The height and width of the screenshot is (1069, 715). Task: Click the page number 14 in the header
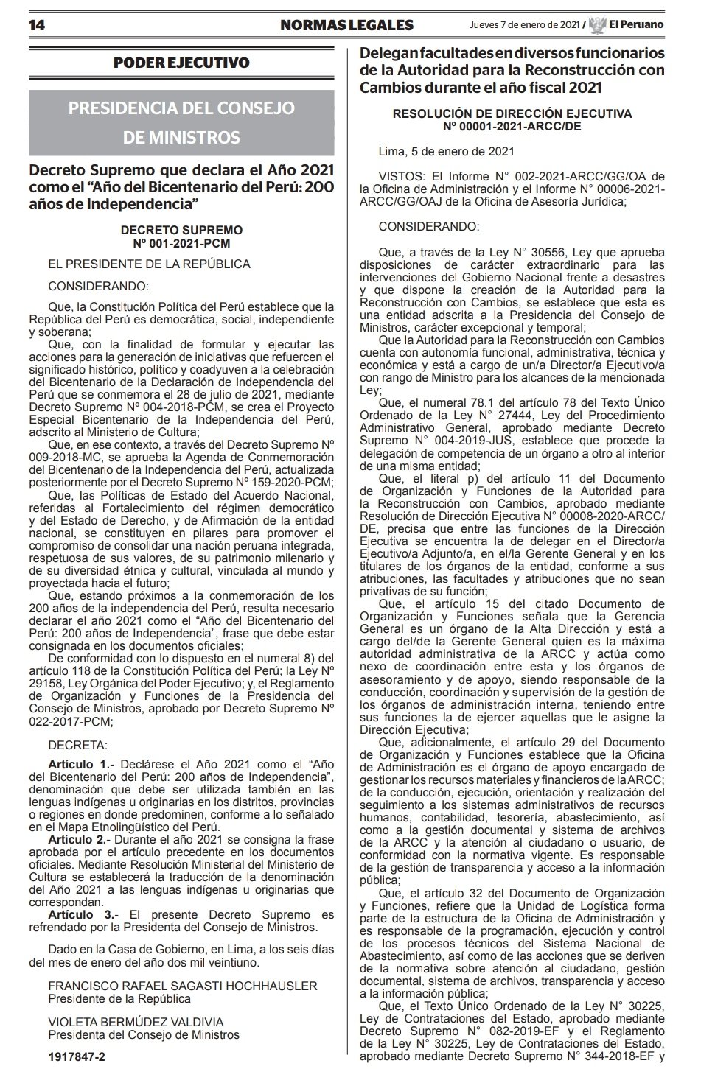point(38,25)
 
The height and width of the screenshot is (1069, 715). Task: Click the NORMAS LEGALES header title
point(346,25)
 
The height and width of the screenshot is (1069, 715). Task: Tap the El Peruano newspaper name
point(635,25)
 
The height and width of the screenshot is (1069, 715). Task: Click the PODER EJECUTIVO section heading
point(181,63)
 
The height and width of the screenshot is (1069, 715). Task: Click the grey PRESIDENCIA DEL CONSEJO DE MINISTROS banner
point(181,122)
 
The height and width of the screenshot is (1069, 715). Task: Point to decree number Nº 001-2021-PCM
point(181,242)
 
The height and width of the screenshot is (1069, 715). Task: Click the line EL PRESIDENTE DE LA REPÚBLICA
point(149,264)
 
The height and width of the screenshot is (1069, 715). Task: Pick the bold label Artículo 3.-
point(79,914)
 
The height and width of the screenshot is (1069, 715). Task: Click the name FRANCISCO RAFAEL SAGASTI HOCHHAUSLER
point(182,986)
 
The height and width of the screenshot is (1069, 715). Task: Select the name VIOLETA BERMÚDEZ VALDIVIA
point(136,1022)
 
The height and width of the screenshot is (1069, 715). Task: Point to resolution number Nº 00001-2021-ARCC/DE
point(512,127)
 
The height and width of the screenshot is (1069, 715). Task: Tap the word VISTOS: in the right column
point(402,177)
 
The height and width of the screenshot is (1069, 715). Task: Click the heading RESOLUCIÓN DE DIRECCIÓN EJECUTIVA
point(512,114)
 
